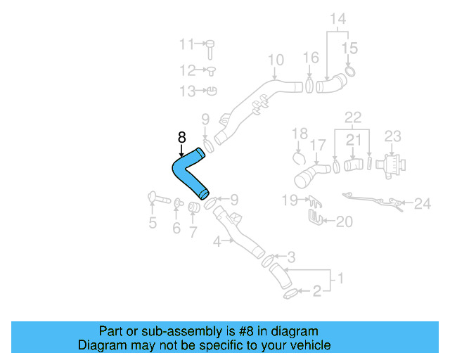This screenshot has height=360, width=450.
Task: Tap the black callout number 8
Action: pyautogui.click(x=181, y=137)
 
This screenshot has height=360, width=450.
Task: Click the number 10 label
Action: pyautogui.click(x=276, y=60)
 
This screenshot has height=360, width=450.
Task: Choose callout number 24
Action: pyautogui.click(x=422, y=205)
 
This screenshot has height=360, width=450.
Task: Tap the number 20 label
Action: pyautogui.click(x=343, y=222)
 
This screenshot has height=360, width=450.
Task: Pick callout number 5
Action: pyautogui.click(x=152, y=224)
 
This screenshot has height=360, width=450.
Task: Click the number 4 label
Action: pyautogui.click(x=217, y=241)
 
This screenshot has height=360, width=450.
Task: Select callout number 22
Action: pyautogui.click(x=353, y=116)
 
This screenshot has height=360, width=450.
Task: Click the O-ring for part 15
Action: pyautogui.click(x=351, y=70)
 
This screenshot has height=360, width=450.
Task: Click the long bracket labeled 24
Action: pyautogui.click(x=369, y=200)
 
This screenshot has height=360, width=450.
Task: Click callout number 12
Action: pyautogui.click(x=187, y=70)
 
